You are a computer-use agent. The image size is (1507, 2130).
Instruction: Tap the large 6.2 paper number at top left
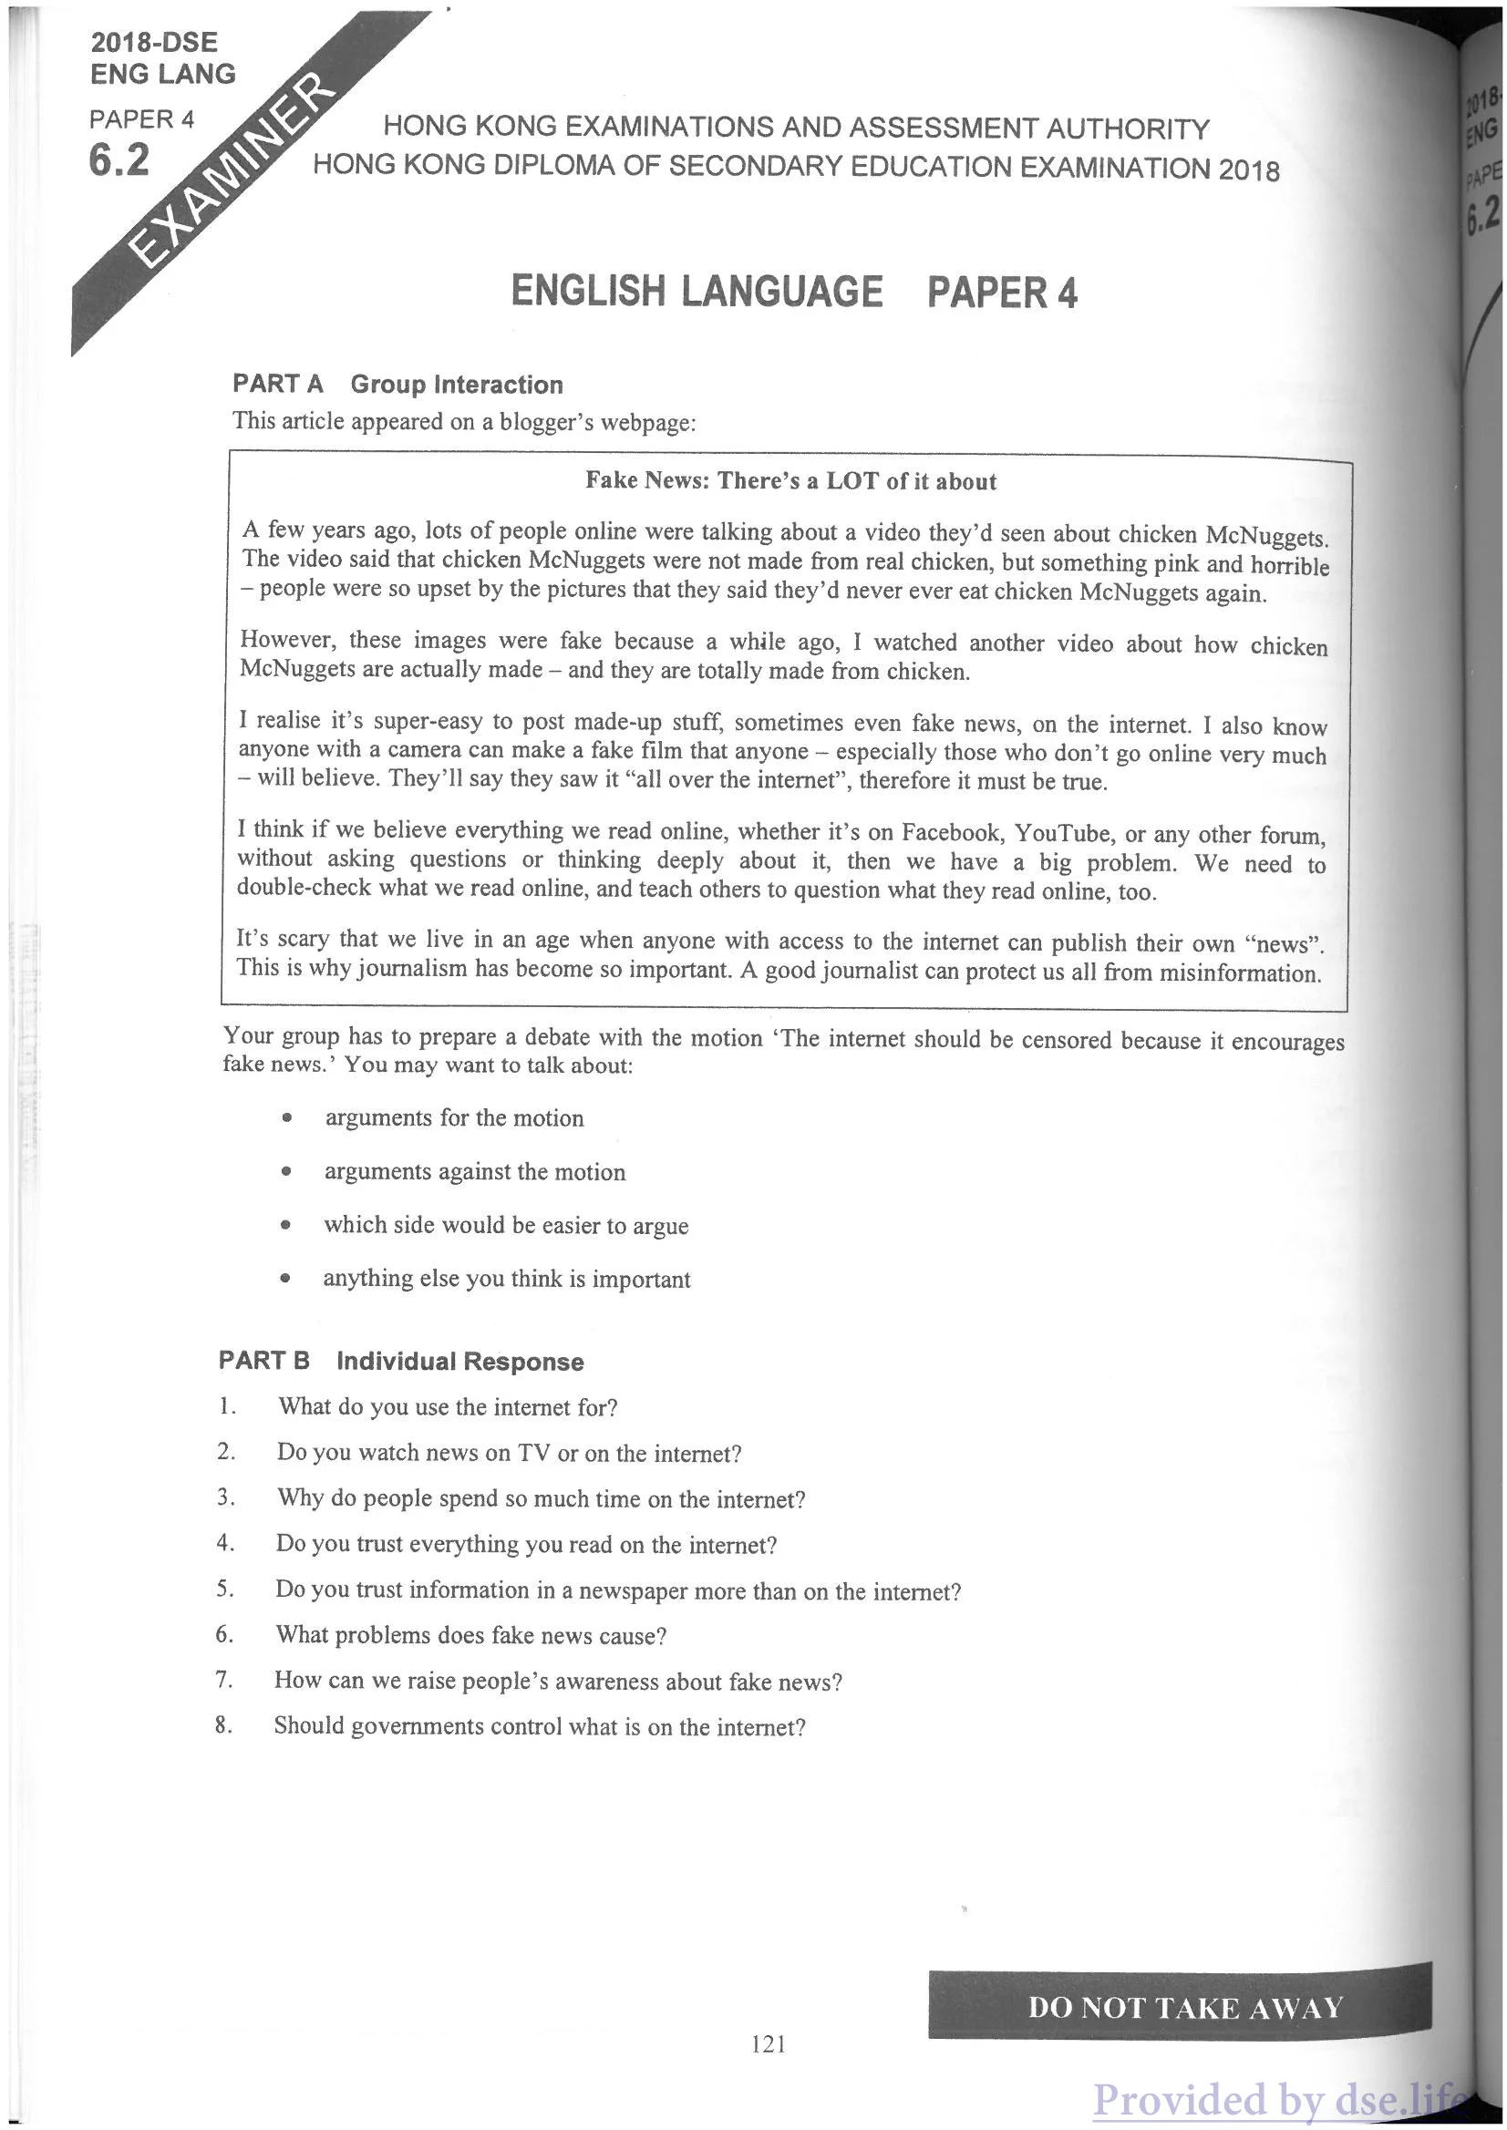click(119, 161)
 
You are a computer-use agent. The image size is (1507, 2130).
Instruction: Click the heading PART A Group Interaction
click(397, 384)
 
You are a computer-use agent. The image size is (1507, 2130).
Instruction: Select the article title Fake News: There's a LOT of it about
click(790, 481)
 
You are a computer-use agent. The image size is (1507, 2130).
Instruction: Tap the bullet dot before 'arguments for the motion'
click(288, 1119)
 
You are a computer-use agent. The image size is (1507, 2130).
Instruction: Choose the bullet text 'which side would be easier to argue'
click(506, 1226)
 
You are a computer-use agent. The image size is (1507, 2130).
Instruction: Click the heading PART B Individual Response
click(401, 1362)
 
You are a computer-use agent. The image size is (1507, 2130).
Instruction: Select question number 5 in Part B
click(224, 1590)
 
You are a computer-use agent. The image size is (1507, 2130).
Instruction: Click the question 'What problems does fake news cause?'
click(470, 1634)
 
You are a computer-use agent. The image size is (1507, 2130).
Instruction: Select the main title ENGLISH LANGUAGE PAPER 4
click(793, 293)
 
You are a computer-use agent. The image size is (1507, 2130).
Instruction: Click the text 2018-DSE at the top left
click(154, 43)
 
